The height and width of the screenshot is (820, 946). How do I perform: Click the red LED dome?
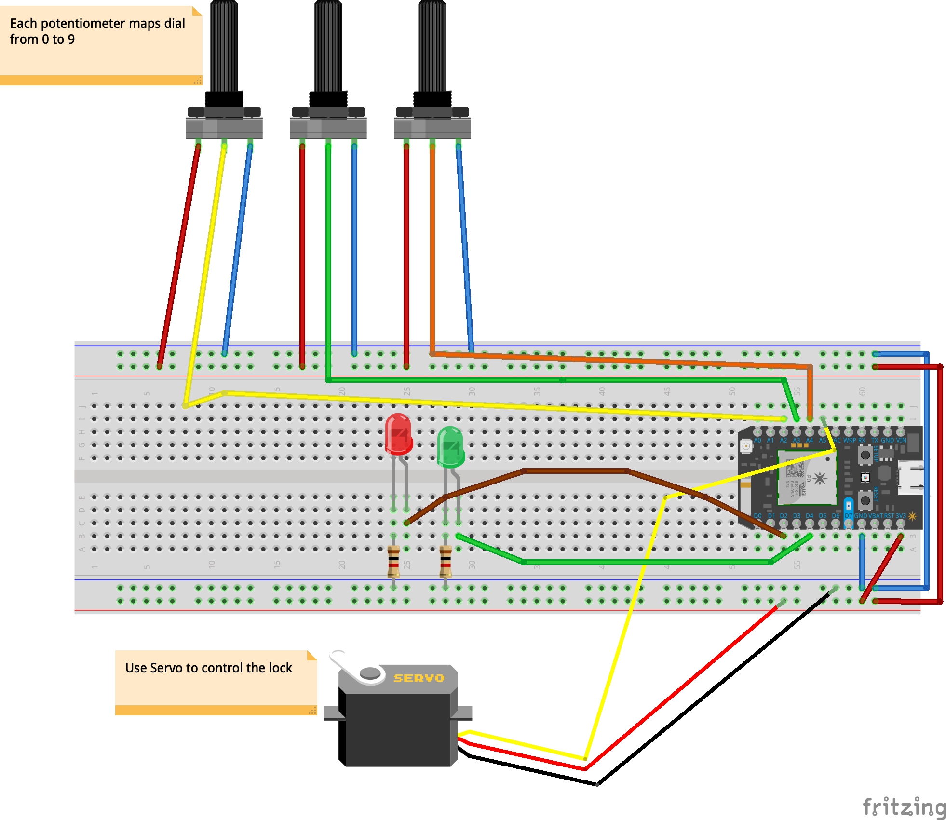tap(398, 433)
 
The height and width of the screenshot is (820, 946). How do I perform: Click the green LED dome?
tap(450, 446)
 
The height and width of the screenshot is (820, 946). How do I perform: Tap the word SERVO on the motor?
tap(418, 678)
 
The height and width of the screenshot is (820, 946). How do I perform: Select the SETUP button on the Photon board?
tap(865, 455)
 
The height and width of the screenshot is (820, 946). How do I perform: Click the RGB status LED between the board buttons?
tap(865, 477)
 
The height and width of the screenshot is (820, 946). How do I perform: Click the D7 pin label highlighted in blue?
tap(848, 516)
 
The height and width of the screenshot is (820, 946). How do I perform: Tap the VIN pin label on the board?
tap(901, 440)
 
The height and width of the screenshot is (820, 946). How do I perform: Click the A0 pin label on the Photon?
tap(757, 440)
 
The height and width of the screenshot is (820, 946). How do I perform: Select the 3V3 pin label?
tap(900, 516)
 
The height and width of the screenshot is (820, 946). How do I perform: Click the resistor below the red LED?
tap(393, 561)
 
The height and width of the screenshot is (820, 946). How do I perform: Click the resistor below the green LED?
tap(446, 561)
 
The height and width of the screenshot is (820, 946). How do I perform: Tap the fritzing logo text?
tap(904, 806)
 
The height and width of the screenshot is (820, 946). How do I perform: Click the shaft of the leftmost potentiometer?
tap(224, 46)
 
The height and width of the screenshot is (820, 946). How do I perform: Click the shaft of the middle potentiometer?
tap(328, 46)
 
